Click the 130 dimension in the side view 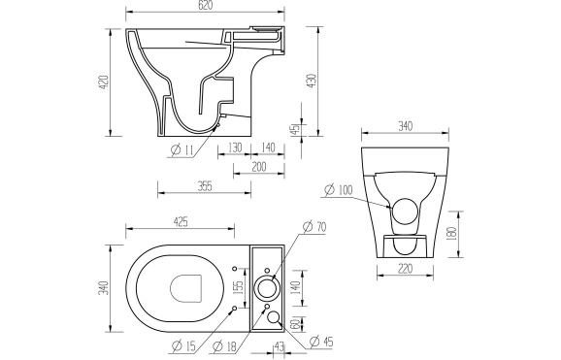[234, 147]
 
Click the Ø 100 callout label [341, 189]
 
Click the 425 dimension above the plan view [181, 222]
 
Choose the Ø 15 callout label [183, 345]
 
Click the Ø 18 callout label [225, 345]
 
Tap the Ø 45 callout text [322, 341]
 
